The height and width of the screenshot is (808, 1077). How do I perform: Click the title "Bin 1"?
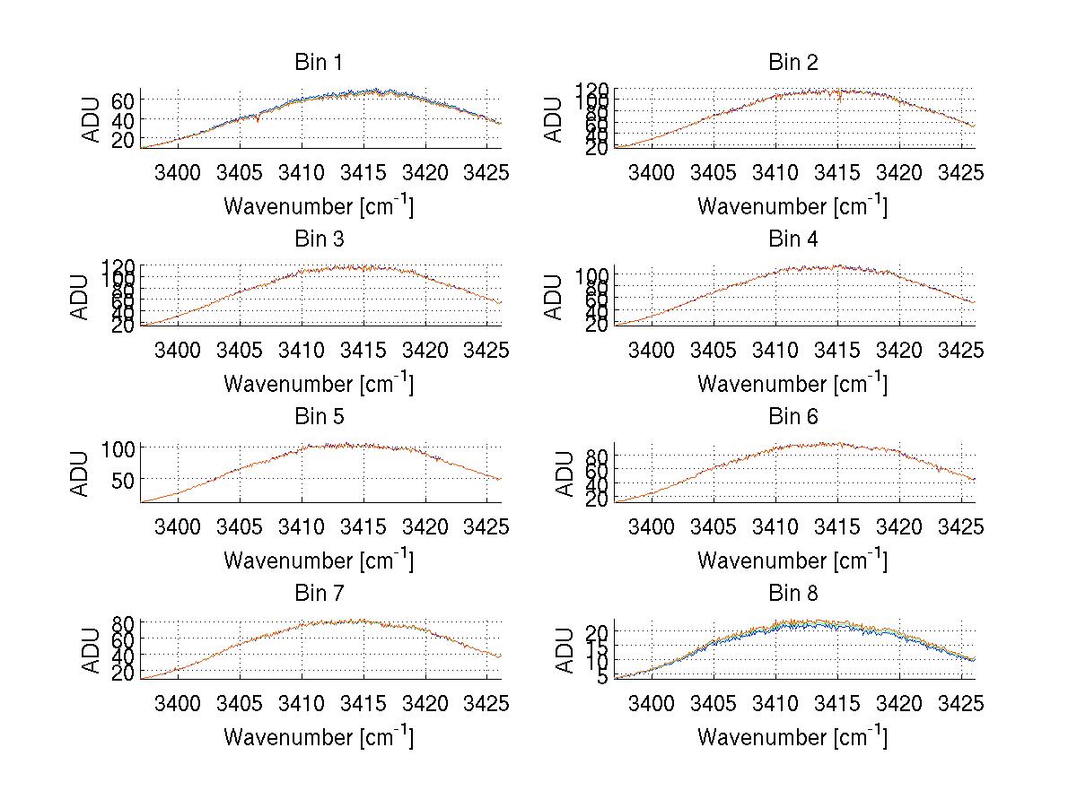click(319, 63)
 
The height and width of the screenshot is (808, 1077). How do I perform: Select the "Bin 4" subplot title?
click(792, 239)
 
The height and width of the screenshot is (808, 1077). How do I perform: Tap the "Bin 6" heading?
click(792, 416)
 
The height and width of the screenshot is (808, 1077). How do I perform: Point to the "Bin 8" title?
click(792, 593)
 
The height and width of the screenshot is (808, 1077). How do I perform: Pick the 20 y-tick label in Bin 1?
click(123, 140)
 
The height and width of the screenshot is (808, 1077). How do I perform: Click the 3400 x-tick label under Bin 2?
click(652, 173)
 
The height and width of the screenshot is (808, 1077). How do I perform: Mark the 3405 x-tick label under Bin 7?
click(240, 703)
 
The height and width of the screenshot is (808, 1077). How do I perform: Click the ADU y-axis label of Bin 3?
click(81, 296)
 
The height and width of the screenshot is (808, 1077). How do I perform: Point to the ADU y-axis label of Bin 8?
click(565, 650)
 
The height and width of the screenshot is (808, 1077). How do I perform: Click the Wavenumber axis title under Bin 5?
click(319, 560)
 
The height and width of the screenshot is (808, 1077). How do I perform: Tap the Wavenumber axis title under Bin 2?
click(792, 206)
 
